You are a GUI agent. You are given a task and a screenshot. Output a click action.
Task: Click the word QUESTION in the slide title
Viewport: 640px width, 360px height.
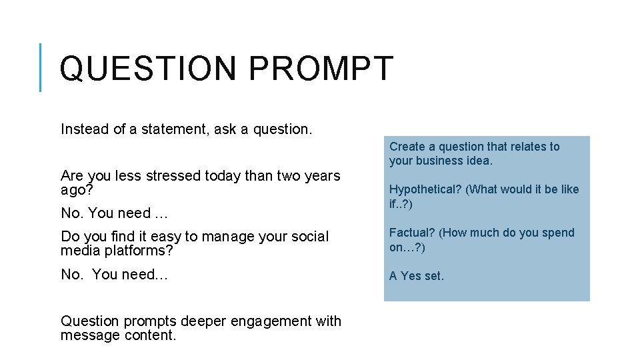click(148, 69)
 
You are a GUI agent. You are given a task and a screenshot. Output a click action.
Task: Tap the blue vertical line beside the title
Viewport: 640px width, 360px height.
click(41, 67)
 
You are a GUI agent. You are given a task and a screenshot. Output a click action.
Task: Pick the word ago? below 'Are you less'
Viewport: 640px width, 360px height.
click(77, 189)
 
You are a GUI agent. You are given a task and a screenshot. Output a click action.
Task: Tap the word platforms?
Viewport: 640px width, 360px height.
click(139, 251)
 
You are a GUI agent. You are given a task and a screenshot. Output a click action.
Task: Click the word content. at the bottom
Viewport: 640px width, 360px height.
click(151, 335)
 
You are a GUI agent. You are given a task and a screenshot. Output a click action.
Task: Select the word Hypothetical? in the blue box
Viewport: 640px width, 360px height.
click(425, 189)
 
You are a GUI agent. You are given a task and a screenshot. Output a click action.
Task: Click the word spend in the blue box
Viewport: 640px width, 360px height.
click(559, 233)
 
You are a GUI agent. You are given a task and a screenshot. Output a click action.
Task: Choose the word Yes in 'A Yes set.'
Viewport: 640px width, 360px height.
click(410, 276)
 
